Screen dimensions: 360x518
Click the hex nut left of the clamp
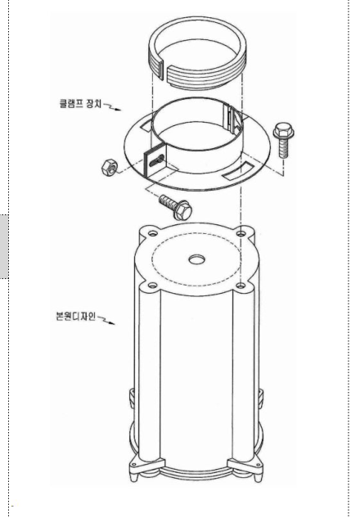[110, 167]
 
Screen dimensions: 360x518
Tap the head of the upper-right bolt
[284, 131]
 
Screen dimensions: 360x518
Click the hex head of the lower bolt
[183, 210]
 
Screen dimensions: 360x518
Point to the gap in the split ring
[165, 71]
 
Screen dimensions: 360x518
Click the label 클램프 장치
[80, 103]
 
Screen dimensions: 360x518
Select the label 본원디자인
[76, 316]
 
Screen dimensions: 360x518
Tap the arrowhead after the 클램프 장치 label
[118, 110]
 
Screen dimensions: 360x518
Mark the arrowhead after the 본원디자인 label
[111, 323]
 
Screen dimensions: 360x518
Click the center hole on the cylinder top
[196, 259]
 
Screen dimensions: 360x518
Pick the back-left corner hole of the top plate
[152, 233]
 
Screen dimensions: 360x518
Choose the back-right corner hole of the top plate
[241, 233]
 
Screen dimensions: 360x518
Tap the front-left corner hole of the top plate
[152, 285]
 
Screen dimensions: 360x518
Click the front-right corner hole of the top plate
[241, 285]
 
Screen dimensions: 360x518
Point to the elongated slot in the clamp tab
[156, 161]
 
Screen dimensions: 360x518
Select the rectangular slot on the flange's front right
[237, 170]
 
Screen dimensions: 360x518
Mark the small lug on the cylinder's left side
[132, 398]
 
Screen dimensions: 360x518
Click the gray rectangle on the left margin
[4, 246]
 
